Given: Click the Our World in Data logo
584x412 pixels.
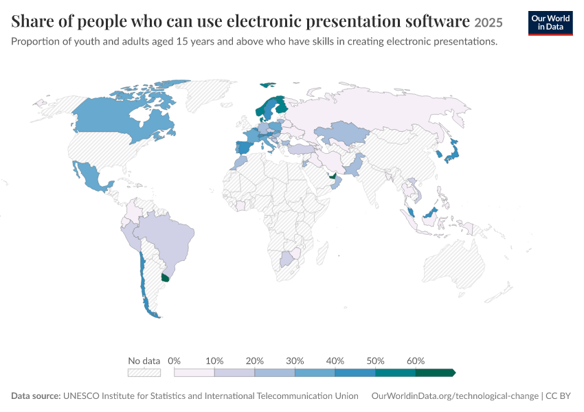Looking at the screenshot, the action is click(550, 23).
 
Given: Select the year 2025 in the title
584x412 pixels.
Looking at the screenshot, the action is click(488, 23).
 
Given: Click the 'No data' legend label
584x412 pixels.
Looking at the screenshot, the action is click(144, 360).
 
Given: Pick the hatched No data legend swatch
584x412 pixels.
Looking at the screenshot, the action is click(144, 373).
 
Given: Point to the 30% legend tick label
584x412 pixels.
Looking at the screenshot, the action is click(295, 360).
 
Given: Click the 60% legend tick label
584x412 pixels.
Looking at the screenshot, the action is click(415, 360).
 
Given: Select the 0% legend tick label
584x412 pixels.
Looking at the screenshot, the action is click(174, 360).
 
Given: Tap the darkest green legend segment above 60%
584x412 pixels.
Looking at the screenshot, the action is click(435, 373).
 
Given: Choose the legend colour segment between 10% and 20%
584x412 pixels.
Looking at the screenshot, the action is click(234, 373).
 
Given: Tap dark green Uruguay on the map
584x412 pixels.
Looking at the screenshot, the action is click(165, 277).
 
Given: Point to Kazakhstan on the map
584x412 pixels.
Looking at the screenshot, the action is click(341, 133).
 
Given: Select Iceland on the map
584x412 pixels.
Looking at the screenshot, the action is click(267, 85).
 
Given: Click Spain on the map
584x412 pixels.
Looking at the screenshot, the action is click(244, 148).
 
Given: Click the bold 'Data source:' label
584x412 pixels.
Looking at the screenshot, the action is click(36, 396).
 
